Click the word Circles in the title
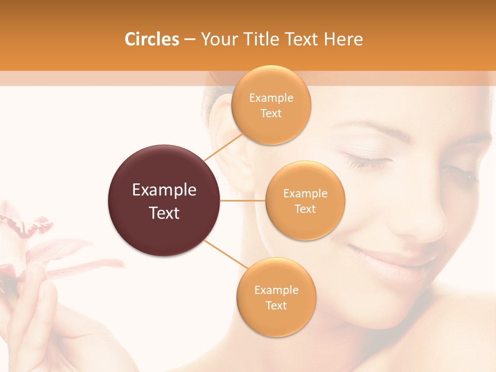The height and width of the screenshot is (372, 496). click(151, 39)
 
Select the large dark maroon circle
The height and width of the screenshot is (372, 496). click(164, 200)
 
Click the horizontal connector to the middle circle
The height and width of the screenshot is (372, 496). click(243, 200)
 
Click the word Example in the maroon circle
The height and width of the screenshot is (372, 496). click(164, 190)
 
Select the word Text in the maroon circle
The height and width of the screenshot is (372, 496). click(164, 213)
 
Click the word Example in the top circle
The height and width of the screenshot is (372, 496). click(271, 98)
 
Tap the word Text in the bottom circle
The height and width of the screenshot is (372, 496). click(276, 305)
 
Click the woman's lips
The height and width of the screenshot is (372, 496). click(393, 258)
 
